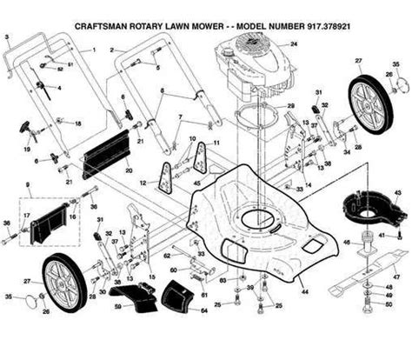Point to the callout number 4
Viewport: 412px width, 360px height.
pos(59,89)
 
